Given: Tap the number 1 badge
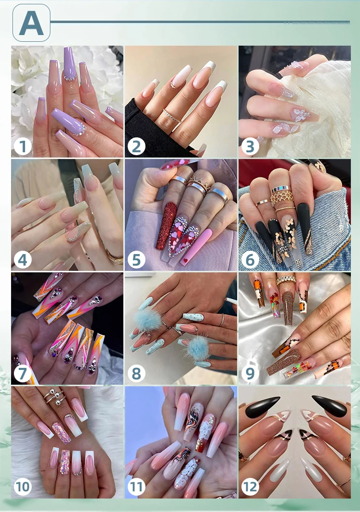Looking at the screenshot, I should click(x=23, y=146).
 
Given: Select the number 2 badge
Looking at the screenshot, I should click(x=136, y=146).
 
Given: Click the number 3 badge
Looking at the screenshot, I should click(x=250, y=146).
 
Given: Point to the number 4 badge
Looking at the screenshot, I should click(x=23, y=260).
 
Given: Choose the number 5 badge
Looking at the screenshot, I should click(x=136, y=260).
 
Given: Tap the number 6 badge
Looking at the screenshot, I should click(x=250, y=260).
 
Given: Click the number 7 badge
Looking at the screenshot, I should click(x=23, y=373).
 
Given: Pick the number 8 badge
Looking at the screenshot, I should click(x=136, y=373).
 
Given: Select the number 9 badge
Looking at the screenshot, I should click(x=250, y=373).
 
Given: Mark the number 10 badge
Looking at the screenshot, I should click(x=23, y=487).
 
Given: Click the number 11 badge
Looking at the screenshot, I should click(x=136, y=487).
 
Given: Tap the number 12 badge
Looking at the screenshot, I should click(x=250, y=487).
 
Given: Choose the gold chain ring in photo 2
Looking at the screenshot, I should click(x=171, y=116).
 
